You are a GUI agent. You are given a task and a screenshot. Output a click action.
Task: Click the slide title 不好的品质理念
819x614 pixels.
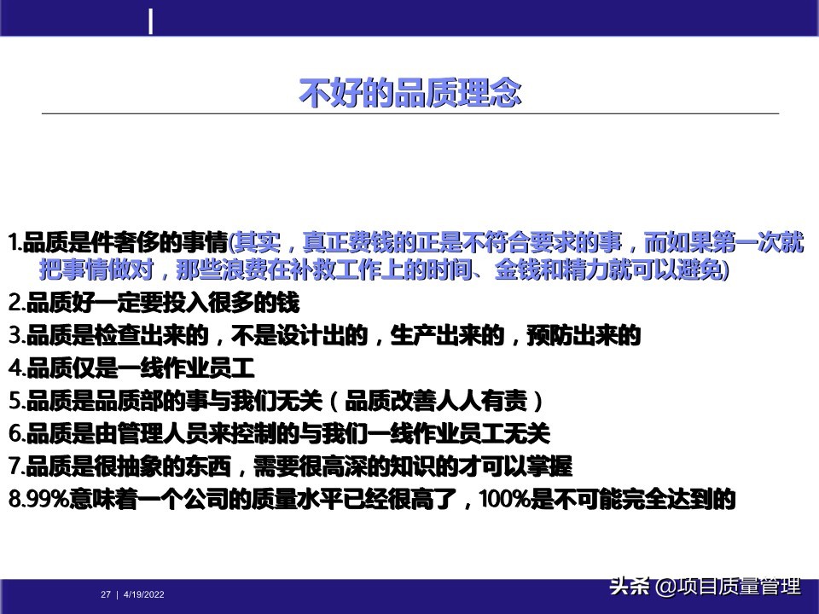[x=409, y=93]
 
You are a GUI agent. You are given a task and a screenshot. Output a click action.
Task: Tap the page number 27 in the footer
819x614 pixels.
[x=106, y=594]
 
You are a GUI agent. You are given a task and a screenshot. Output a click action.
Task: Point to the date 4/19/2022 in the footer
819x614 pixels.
[x=144, y=594]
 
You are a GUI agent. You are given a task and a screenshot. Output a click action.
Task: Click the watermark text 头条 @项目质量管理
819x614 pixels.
[x=704, y=588]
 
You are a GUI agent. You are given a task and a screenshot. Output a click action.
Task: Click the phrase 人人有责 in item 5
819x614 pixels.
[x=486, y=401]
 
